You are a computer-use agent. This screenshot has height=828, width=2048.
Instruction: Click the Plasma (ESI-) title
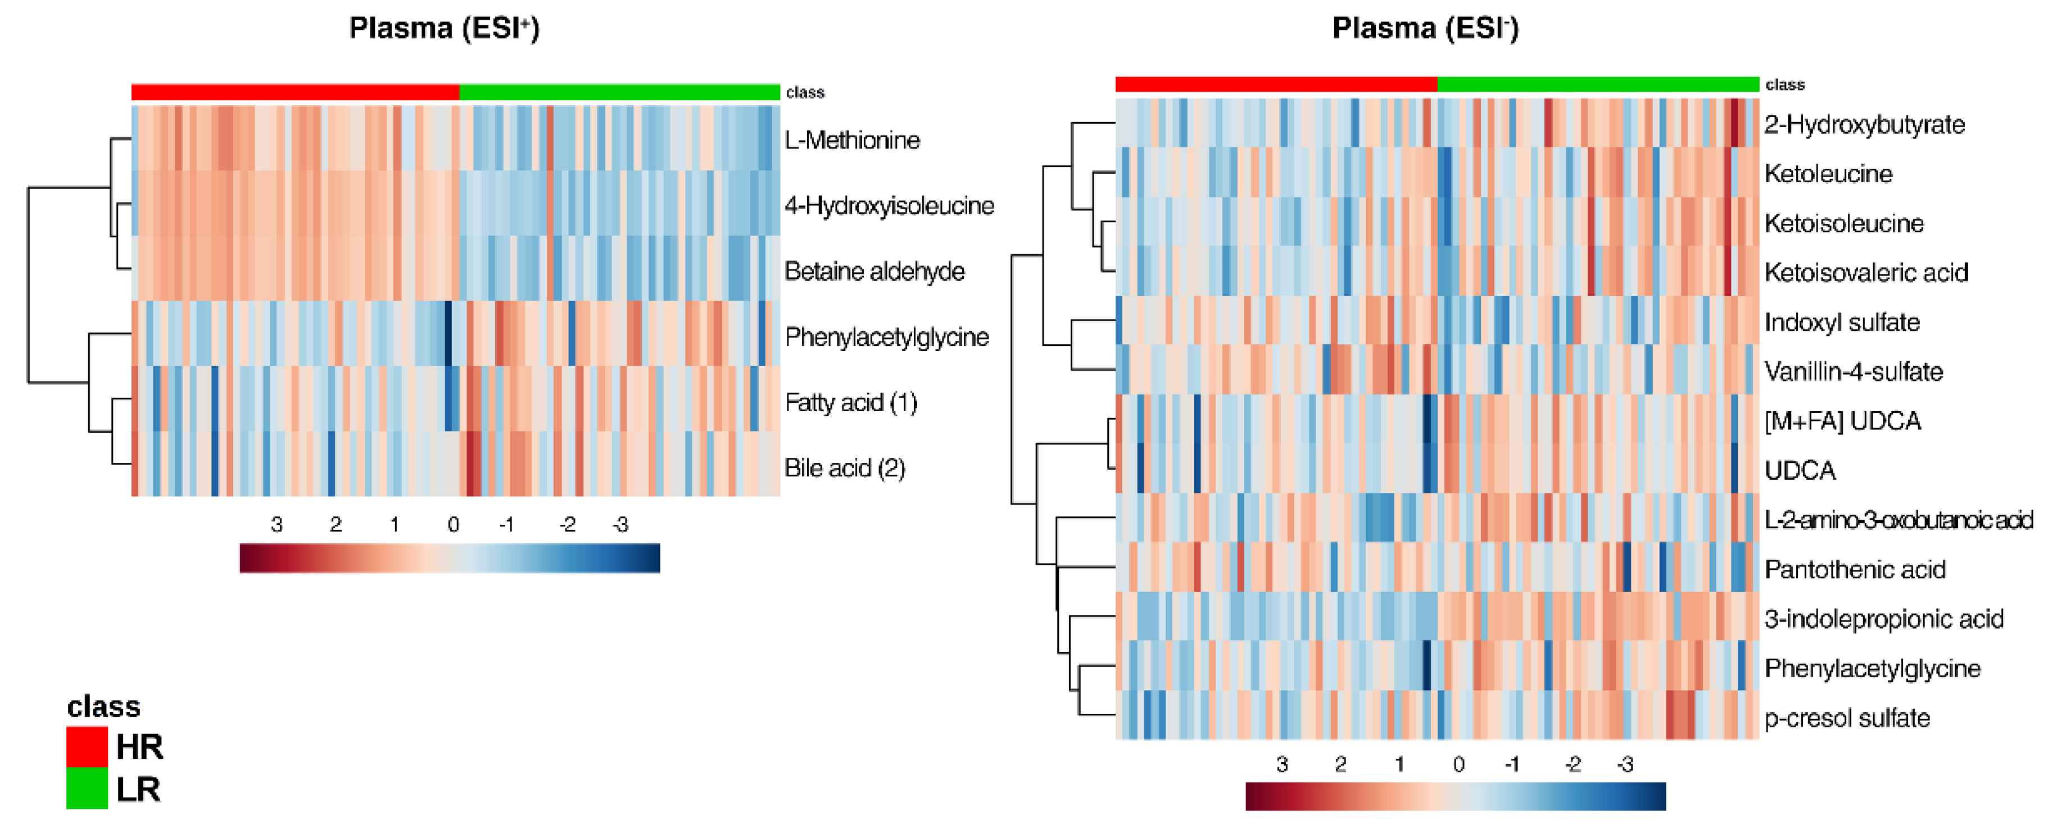1425,29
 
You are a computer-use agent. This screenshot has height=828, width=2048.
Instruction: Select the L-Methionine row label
851,141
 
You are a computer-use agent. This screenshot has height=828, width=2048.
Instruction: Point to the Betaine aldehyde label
874,272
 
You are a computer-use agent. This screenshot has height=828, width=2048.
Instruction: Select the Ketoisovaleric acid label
1866,273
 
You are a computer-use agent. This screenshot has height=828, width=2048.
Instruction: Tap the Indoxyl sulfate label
1841,322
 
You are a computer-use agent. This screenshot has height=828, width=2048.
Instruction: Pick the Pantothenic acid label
1854,569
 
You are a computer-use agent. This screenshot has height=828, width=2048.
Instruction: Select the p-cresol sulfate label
1847,718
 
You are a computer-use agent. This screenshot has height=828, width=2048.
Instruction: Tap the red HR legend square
87,746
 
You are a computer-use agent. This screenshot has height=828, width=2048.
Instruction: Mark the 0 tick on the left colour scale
453,525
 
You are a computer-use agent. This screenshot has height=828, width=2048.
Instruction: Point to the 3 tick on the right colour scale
1281,764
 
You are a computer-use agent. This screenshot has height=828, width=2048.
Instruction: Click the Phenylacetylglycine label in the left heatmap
886,337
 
